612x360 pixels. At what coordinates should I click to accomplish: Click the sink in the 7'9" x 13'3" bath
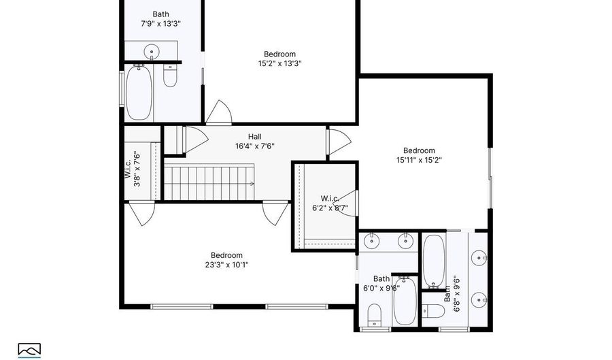152,51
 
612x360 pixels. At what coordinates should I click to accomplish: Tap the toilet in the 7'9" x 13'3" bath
170,76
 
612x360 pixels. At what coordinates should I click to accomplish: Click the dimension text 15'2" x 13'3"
279,63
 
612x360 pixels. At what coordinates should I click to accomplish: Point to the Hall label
255,136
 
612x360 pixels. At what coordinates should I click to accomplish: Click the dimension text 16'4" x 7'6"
255,146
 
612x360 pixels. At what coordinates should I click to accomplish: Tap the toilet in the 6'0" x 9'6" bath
374,314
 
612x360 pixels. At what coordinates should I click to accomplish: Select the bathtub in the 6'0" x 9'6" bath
404,302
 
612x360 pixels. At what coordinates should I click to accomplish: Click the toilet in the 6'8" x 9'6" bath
433,311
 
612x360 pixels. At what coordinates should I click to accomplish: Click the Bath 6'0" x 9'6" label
381,283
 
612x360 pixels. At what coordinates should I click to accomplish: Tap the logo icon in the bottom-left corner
29,348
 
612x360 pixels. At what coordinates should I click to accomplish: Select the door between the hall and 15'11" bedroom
335,142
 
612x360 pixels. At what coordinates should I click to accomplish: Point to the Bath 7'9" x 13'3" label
160,18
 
